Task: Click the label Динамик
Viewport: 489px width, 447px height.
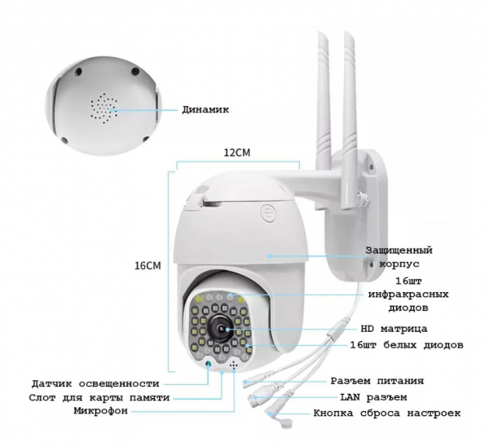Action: pos(205,109)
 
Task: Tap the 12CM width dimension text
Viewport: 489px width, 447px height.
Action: pos(236,153)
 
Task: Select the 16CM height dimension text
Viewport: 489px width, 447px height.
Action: pos(148,266)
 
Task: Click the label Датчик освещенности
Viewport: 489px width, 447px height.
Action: pos(95,383)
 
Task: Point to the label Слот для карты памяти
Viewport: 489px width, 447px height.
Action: pos(99,398)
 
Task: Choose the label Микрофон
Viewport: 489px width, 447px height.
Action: pos(101,411)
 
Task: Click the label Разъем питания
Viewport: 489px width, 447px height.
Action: pos(377,381)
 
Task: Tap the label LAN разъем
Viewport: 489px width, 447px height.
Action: pos(373,397)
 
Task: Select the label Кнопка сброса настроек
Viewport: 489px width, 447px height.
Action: pos(386,413)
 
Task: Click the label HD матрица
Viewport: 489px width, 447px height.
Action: pos(394,329)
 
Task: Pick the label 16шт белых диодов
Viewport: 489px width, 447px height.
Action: pos(407,345)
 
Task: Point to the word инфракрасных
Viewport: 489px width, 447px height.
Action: pos(408,294)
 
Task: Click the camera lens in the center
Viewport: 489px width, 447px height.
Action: pos(221,330)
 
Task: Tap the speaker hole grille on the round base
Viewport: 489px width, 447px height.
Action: pos(104,108)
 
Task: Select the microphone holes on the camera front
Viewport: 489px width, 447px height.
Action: pos(233,365)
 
